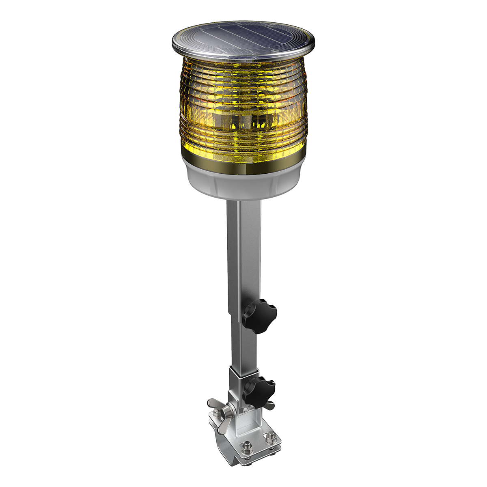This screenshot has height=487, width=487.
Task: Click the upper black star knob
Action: pos(260,315)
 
